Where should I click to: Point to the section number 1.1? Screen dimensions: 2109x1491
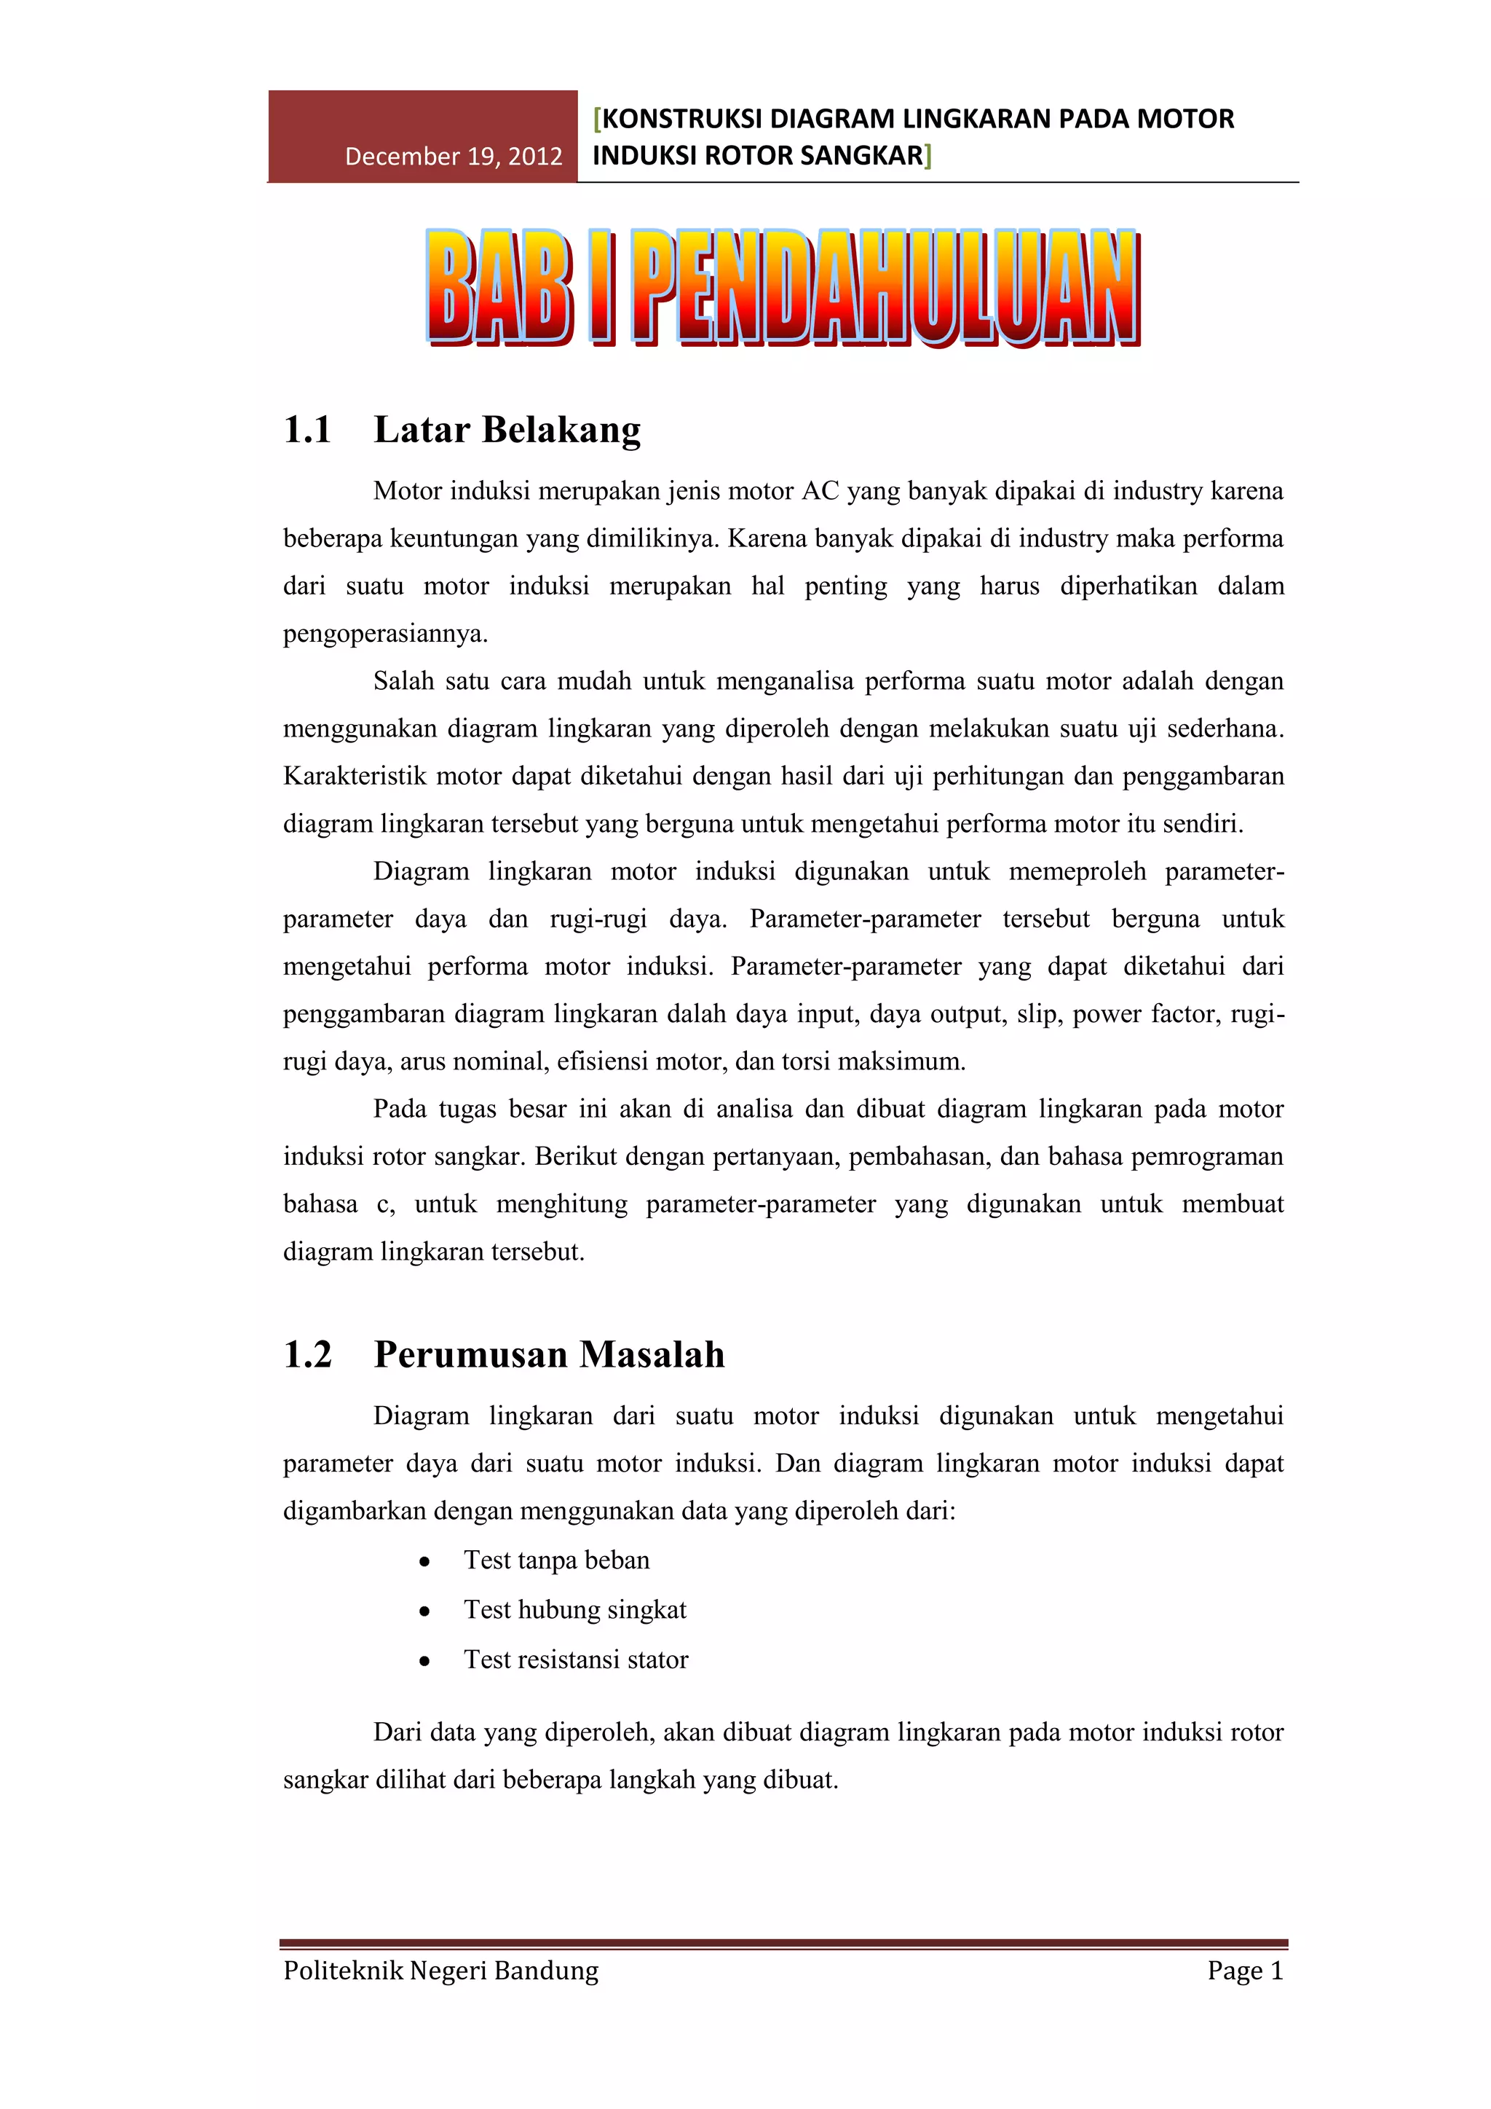coord(307,430)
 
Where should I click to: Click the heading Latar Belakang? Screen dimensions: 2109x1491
coord(507,430)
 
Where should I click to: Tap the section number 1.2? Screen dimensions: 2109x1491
coord(307,1355)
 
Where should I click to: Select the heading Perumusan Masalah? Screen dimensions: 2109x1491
coord(549,1355)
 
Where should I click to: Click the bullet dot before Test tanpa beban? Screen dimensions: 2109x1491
coord(424,1562)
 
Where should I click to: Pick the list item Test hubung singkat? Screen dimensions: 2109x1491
coord(574,1609)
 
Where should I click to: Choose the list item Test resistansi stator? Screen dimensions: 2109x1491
coord(576,1659)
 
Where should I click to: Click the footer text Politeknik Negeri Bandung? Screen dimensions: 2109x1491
coord(440,1971)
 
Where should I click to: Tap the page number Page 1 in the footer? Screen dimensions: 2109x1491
coord(1245,1971)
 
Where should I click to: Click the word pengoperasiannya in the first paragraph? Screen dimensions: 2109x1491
coord(384,634)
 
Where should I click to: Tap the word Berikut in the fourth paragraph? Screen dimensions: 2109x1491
coord(577,1156)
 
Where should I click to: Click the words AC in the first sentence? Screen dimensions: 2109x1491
coord(820,492)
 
